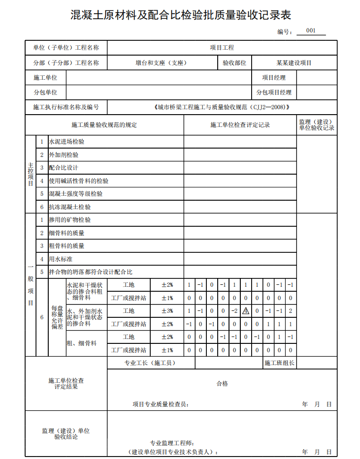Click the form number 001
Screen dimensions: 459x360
pos(311,31)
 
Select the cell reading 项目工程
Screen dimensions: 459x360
pos(222,48)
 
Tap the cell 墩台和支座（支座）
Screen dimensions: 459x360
pos(161,63)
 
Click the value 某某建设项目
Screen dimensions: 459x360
pos(294,63)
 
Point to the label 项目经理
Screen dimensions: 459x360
pos(273,78)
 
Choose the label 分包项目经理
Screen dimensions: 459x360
pos(273,92)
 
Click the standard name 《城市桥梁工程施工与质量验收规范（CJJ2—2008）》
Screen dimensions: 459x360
pos(221,107)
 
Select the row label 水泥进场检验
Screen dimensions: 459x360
pos(66,142)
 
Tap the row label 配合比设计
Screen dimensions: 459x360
pos(64,168)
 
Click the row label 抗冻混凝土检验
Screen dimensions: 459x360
pos(69,207)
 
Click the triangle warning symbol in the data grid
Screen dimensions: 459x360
pos(246,311)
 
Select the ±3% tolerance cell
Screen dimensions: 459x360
pos(167,311)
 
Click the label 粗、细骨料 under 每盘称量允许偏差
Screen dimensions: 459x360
pos(82,343)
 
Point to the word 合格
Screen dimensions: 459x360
pos(222,384)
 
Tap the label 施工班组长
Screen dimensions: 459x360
pos(279,363)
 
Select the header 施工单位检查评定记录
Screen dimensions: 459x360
pos(240,125)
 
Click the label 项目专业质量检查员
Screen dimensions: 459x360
pos(161,404)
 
